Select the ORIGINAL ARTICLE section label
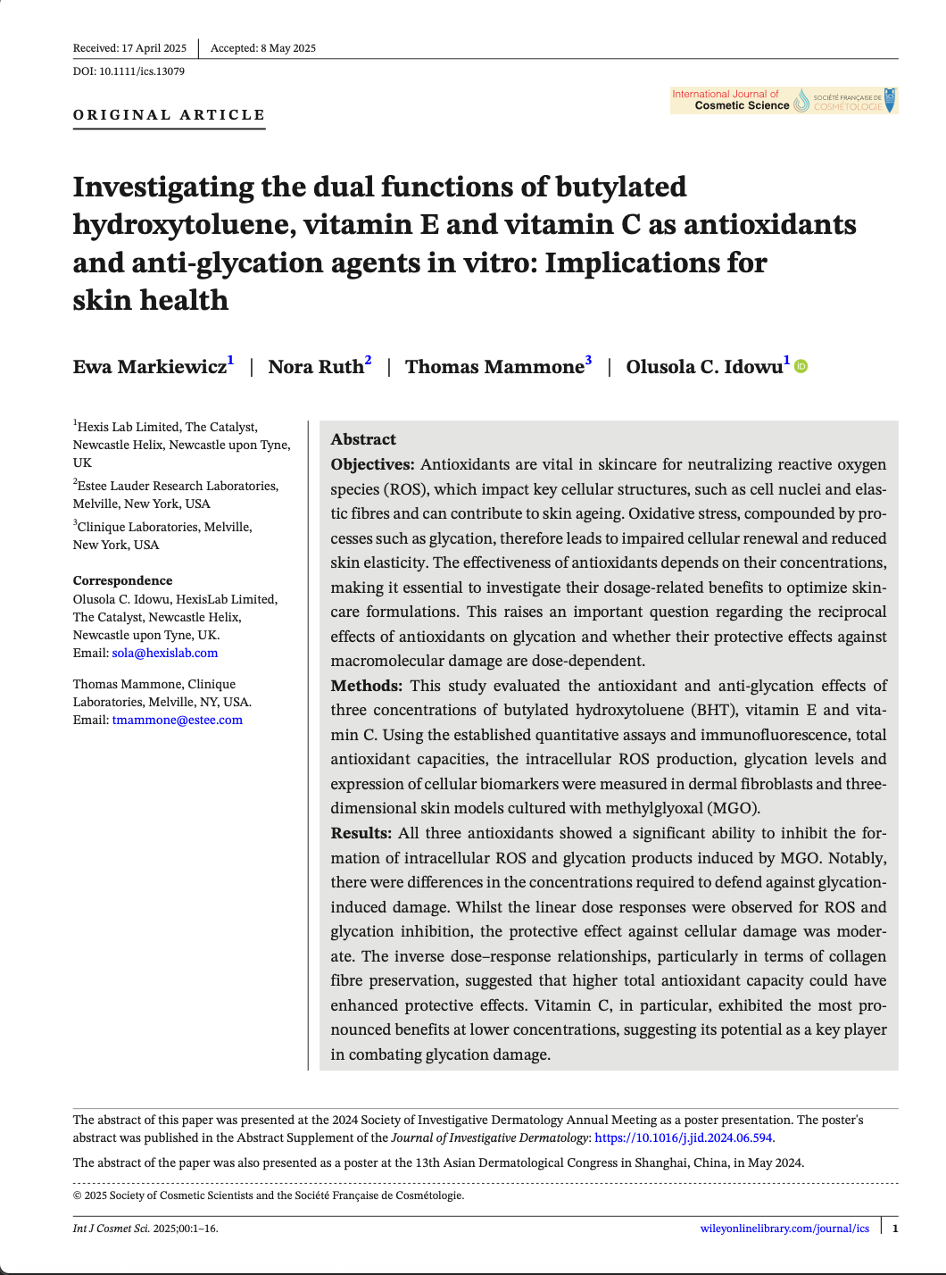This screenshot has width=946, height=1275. click(x=170, y=115)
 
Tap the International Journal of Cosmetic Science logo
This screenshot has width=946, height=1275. click(x=784, y=100)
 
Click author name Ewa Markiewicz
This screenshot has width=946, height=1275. click(x=150, y=367)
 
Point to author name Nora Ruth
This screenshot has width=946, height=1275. click(x=316, y=367)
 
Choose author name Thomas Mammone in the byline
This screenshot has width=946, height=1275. click(x=494, y=367)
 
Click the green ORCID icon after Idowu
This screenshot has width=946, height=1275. click(x=801, y=366)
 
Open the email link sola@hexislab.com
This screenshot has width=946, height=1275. click(x=165, y=653)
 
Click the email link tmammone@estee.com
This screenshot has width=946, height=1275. click(x=178, y=720)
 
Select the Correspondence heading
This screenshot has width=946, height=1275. click(x=123, y=580)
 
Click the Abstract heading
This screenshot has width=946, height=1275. click(x=363, y=439)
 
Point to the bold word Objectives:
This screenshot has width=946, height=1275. click(x=372, y=464)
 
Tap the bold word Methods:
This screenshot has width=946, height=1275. click(x=366, y=686)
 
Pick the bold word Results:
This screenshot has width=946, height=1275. click(x=361, y=833)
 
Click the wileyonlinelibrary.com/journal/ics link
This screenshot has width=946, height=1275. click(x=784, y=1229)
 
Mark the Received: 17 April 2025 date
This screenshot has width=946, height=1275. click(x=129, y=48)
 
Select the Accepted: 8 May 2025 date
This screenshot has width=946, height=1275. click(x=263, y=48)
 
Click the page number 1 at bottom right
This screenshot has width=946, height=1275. click(x=895, y=1229)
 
